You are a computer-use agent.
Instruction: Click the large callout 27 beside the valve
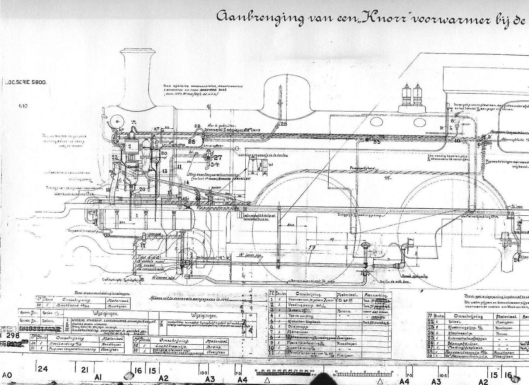pyautogui.click(x=218, y=157)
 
